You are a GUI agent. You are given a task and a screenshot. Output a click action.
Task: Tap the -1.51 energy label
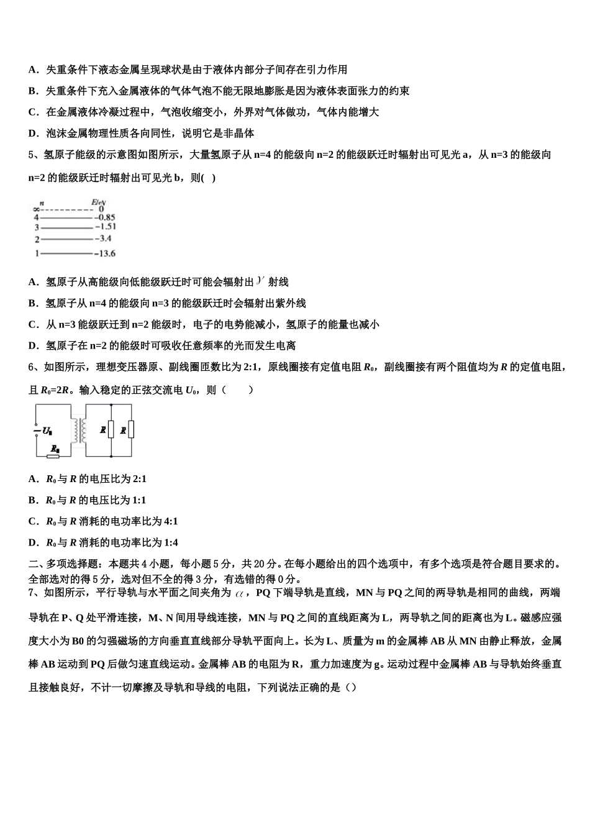tap(107, 227)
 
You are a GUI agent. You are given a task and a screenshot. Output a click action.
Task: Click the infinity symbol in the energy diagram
tap(37, 209)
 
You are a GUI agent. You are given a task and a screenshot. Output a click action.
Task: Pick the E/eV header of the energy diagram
tap(99, 202)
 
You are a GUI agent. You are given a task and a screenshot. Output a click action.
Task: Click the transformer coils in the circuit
tap(78, 430)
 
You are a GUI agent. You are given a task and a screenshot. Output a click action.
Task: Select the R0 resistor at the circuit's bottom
tap(53, 455)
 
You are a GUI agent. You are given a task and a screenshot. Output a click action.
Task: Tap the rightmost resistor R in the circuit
tap(132, 430)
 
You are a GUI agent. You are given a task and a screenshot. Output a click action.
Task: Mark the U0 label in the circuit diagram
tap(46, 430)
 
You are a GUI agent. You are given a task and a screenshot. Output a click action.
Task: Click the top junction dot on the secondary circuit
tap(111, 405)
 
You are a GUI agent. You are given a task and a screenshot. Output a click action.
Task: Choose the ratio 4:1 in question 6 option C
tap(170, 521)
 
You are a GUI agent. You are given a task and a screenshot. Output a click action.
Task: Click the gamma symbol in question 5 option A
tap(260, 281)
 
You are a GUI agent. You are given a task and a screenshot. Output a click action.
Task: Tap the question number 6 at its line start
tap(32, 367)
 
